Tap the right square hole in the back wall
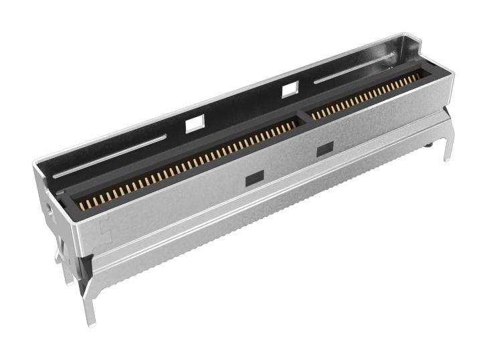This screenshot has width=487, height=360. pyautogui.click(x=290, y=88)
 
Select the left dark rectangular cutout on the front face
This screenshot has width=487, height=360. pyautogui.click(x=254, y=178)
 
